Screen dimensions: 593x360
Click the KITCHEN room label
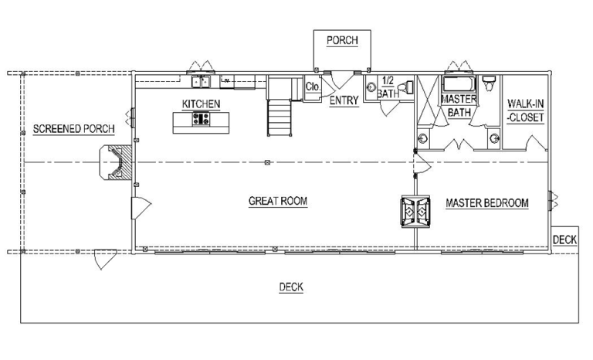(x=201, y=104)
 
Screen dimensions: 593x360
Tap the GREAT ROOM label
(x=278, y=201)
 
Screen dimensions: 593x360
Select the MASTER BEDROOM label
(x=487, y=203)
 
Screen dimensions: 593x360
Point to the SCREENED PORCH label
(x=74, y=129)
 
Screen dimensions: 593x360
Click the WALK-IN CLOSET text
(x=526, y=110)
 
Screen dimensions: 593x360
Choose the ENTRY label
(x=344, y=100)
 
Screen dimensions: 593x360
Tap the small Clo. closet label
(x=313, y=87)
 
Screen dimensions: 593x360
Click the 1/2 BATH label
(x=388, y=87)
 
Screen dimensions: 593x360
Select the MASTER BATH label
(x=459, y=106)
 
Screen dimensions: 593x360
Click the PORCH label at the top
(x=342, y=40)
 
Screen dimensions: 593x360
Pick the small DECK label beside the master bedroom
(x=564, y=239)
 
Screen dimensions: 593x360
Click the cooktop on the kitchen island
(x=201, y=119)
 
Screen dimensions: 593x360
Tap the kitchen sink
(x=201, y=81)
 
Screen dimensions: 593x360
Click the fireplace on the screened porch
(x=116, y=162)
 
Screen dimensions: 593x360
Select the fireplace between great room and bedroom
(x=415, y=211)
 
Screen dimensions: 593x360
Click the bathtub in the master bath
(x=459, y=83)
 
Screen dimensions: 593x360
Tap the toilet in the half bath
(x=407, y=87)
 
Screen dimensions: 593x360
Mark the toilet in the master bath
(x=489, y=83)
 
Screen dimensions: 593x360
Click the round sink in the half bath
(x=371, y=87)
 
